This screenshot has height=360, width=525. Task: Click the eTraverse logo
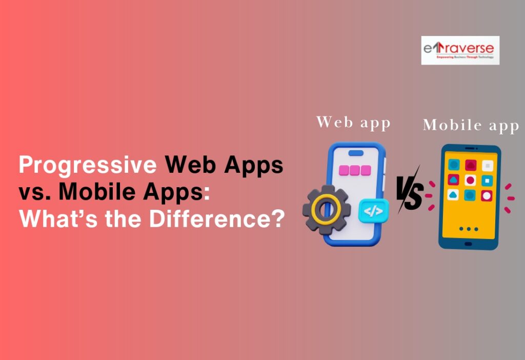coord(460,50)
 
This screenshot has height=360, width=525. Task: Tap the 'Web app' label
coord(353,123)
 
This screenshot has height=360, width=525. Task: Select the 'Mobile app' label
coord(471,126)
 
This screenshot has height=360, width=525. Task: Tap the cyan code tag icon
coord(373,211)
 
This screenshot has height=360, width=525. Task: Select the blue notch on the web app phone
coord(356,153)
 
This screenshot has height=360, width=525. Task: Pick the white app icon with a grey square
coord(488,166)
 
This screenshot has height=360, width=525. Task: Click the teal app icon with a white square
coord(487,181)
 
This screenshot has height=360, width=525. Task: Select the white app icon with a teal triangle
coord(453,195)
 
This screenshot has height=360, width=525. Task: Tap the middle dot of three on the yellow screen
coord(470,229)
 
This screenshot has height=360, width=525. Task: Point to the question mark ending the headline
coord(277,219)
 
